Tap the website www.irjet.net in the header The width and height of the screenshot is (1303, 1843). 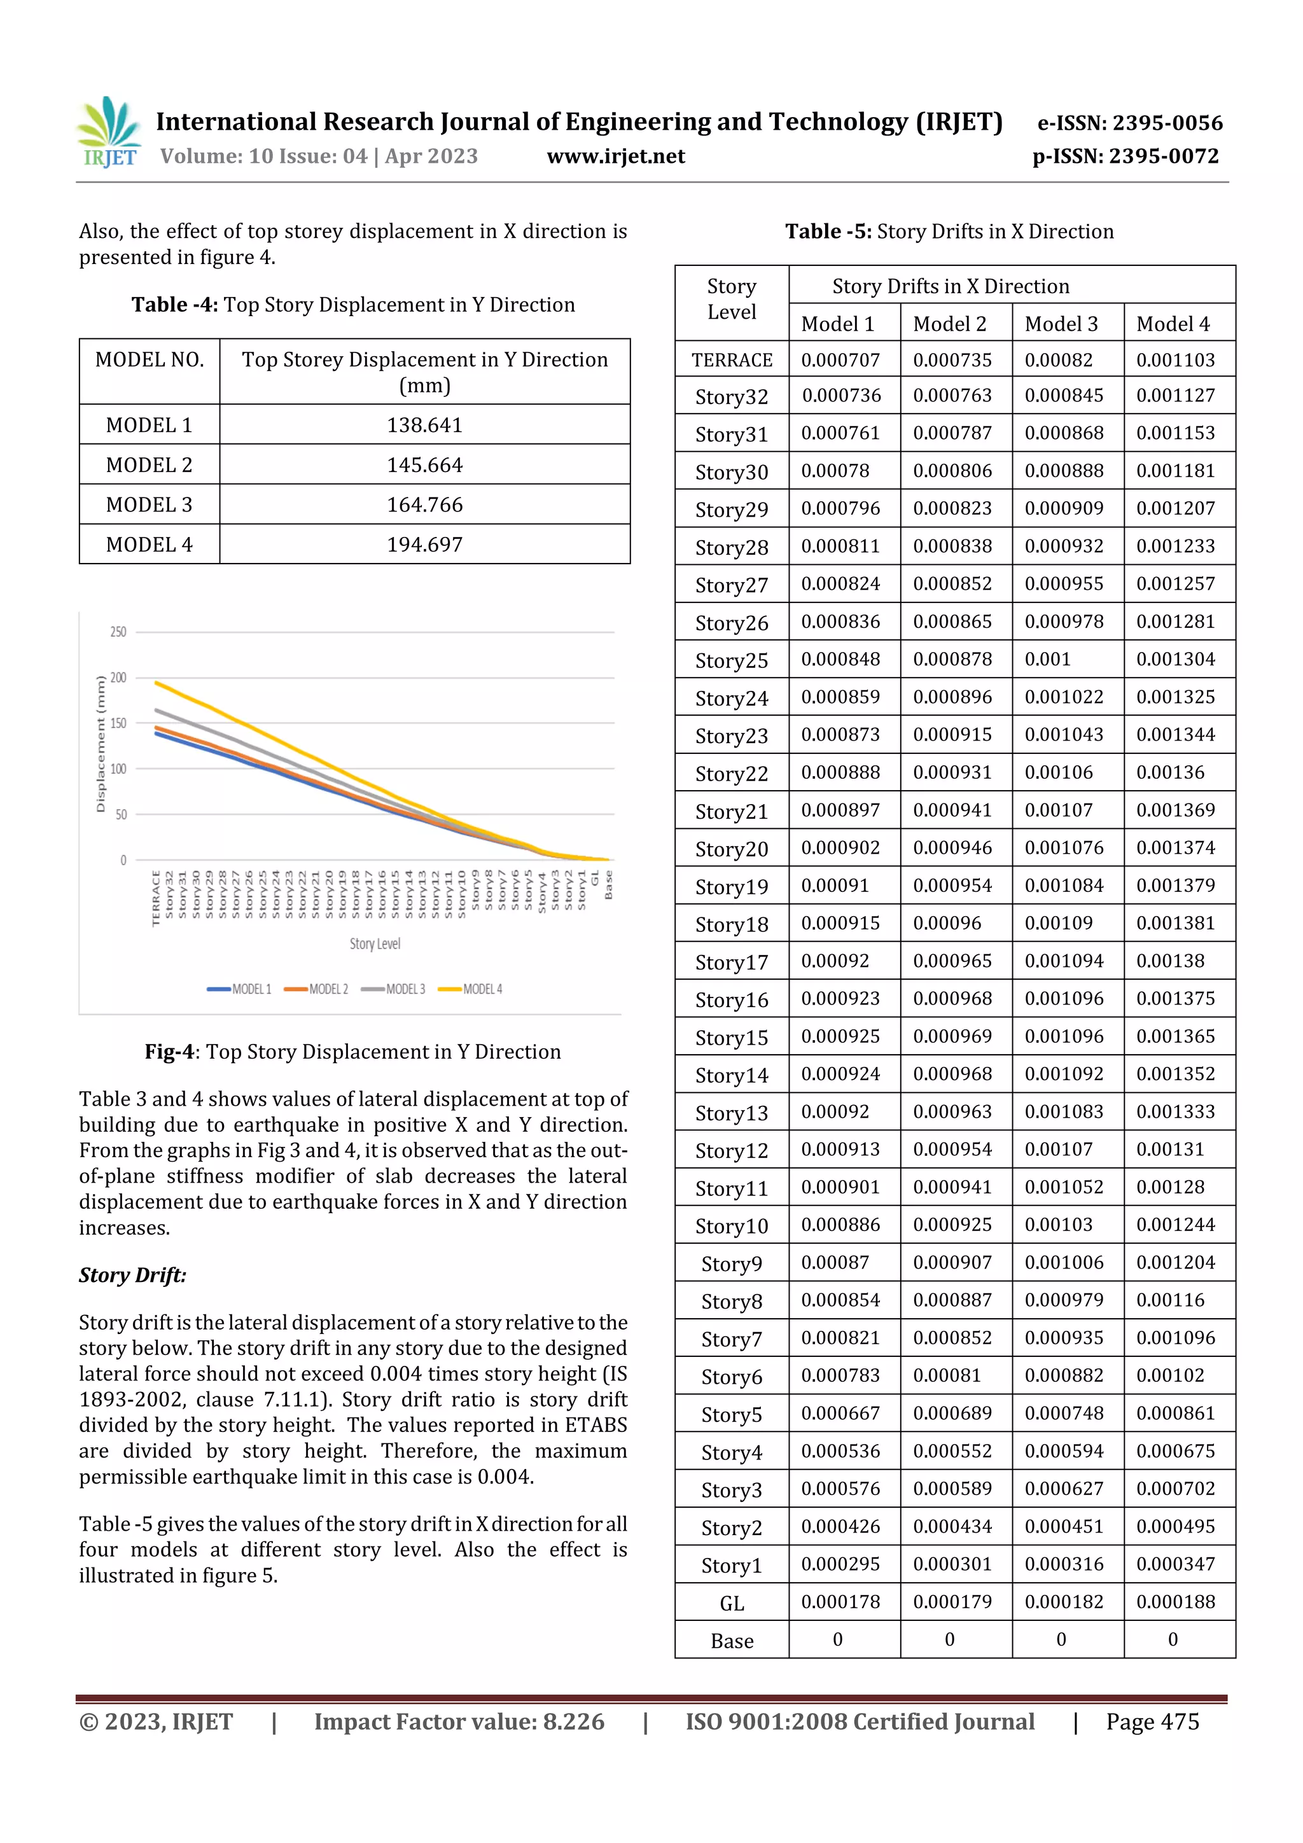point(616,156)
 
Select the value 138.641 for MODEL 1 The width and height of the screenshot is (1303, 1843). point(425,426)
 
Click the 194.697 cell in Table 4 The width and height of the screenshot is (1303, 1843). point(425,545)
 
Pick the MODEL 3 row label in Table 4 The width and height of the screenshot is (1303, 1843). point(150,505)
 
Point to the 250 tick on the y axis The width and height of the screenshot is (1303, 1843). point(118,632)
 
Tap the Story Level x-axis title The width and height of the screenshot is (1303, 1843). point(375,944)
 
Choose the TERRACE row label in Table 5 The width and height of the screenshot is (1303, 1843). point(732,361)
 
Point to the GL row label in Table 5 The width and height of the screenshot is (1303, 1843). point(732,1604)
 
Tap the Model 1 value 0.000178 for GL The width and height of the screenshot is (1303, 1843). point(840,1602)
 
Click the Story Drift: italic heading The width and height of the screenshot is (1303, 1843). point(132,1276)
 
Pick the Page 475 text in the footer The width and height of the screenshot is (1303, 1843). point(1152,1721)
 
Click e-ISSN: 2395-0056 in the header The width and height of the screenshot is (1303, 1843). point(1129,123)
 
